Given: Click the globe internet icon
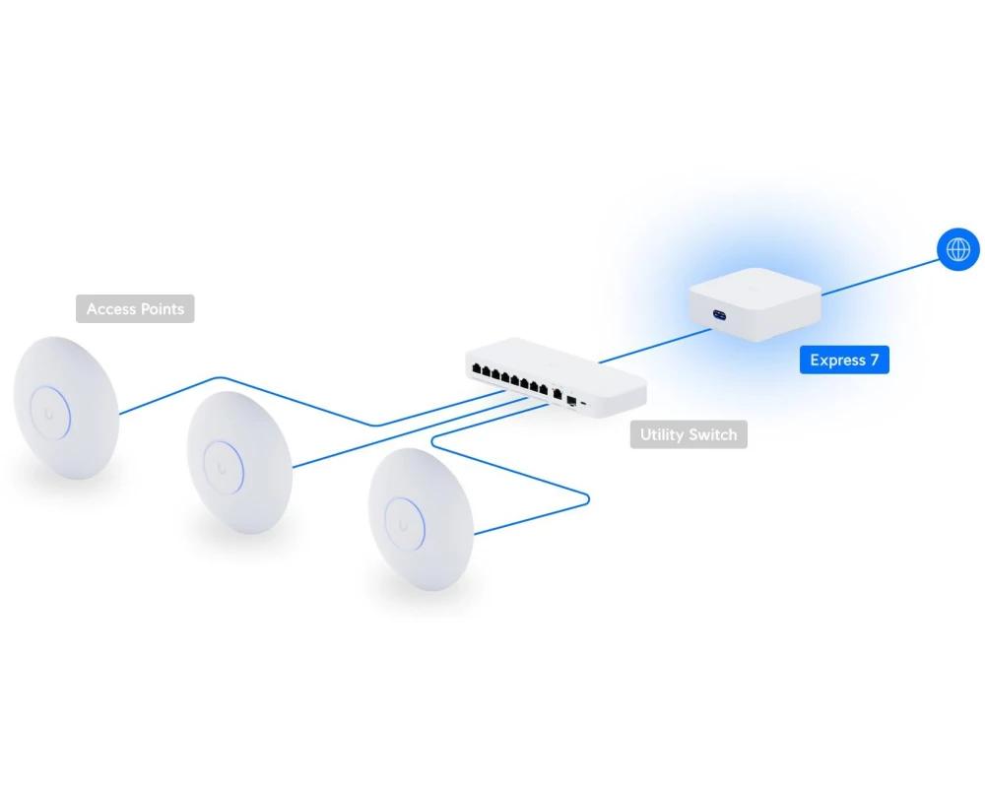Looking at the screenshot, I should coord(958,249).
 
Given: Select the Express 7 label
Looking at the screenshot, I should coord(844,361).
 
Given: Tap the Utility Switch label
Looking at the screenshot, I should coord(688,434).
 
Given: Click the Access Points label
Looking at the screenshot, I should coord(135,309).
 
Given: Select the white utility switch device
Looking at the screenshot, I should coord(557,375).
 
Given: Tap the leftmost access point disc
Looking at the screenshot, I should coord(66,408).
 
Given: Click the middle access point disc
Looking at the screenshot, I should coord(238,463).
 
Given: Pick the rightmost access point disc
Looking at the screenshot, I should coord(420,519).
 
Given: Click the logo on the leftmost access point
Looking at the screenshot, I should coord(49,413).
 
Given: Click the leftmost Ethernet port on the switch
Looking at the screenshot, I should coord(478,370).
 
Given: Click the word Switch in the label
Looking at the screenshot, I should coord(710,434).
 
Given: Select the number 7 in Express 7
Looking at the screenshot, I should coord(873,361).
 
